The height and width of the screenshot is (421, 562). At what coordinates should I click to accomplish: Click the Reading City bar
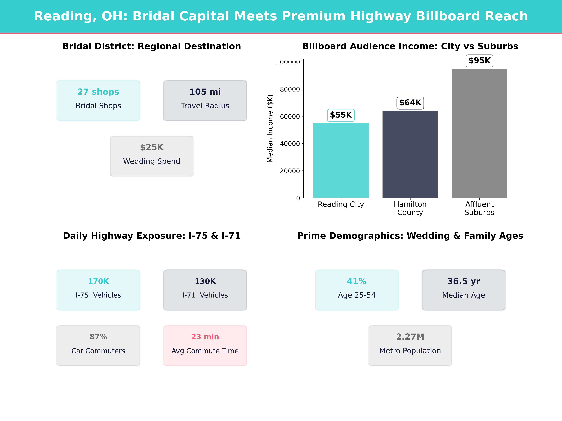[x=341, y=160]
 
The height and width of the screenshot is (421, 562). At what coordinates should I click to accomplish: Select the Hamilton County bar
[x=410, y=154]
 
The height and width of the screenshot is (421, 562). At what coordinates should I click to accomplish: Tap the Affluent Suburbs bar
[x=479, y=133]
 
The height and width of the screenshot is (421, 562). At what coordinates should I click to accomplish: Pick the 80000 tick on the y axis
[x=290, y=89]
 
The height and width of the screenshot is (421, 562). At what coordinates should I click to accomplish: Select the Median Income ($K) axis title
[x=270, y=128]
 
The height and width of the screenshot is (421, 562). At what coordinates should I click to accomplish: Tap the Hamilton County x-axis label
[x=410, y=208]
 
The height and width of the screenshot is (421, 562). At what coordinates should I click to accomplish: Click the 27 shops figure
[x=98, y=92]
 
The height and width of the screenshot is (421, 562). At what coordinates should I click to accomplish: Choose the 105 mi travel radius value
[x=205, y=92]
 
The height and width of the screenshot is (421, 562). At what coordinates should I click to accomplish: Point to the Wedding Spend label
[x=152, y=161]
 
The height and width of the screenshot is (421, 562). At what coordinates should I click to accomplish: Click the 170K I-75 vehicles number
[x=98, y=281]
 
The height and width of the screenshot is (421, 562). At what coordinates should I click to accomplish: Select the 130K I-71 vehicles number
[x=205, y=281]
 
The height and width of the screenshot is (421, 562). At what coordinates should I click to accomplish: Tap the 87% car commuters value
[x=98, y=337]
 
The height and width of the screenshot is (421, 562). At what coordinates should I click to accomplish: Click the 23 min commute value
[x=205, y=337]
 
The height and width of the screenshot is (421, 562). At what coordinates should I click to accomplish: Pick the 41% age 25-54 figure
[x=357, y=281]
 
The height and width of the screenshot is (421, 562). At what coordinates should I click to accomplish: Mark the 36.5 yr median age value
[x=464, y=281]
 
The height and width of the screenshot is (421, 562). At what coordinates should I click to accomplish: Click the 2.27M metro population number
[x=410, y=337]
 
